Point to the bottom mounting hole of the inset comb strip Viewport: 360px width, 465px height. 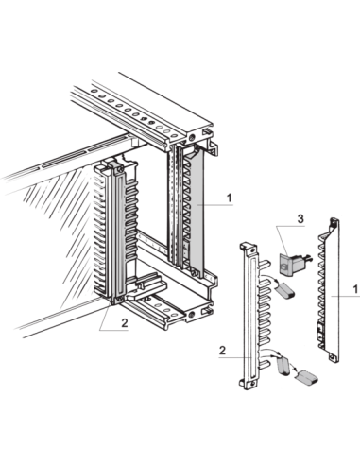click(x=252, y=385)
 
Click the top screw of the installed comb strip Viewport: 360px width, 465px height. click(x=120, y=167)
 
